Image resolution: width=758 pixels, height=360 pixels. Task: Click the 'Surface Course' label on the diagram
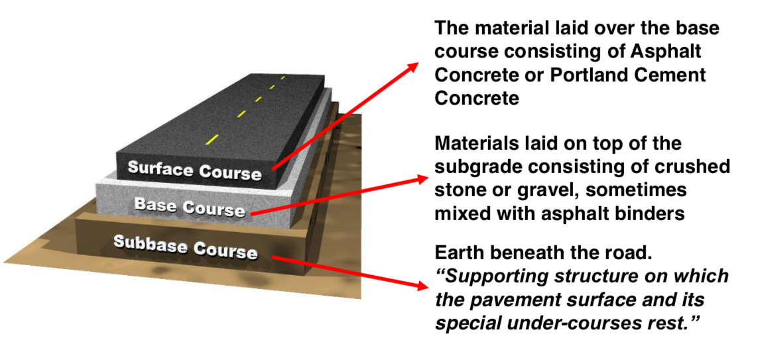pyautogui.click(x=194, y=170)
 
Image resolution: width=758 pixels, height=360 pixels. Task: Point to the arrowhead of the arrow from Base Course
pyautogui.click(x=424, y=178)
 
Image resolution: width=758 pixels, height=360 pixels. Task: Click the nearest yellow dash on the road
pyautogui.click(x=212, y=139)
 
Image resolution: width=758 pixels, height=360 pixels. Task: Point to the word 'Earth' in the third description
pyautogui.click(x=462, y=253)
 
